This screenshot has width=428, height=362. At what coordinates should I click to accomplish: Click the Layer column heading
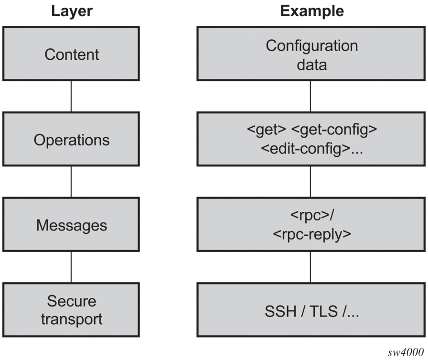(72, 11)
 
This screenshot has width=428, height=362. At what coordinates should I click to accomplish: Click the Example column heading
(312, 11)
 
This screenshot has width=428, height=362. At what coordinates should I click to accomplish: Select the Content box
(71, 54)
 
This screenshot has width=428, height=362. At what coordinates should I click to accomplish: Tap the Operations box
(71, 139)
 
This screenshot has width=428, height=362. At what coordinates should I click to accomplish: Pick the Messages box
(71, 225)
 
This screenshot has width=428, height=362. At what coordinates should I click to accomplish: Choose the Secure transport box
(71, 310)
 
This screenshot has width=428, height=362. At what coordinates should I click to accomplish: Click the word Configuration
(312, 45)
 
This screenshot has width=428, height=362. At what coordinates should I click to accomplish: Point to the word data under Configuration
(312, 65)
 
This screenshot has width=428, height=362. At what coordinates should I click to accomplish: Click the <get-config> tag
(334, 130)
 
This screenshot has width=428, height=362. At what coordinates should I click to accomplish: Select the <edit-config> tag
(306, 149)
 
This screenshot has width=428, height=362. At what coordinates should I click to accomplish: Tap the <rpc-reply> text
(312, 234)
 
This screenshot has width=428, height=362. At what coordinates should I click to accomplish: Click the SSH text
(280, 311)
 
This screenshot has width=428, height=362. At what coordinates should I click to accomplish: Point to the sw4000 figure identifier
(406, 352)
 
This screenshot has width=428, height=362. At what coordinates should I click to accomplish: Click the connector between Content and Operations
(71, 97)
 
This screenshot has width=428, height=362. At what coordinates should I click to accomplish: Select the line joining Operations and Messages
(71, 182)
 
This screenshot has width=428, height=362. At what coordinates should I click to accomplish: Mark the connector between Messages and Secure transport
(71, 267)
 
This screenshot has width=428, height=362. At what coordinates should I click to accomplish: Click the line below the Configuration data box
(310, 97)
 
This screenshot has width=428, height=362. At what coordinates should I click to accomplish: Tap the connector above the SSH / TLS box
(310, 267)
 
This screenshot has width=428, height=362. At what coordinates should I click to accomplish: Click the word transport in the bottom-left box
(72, 319)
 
